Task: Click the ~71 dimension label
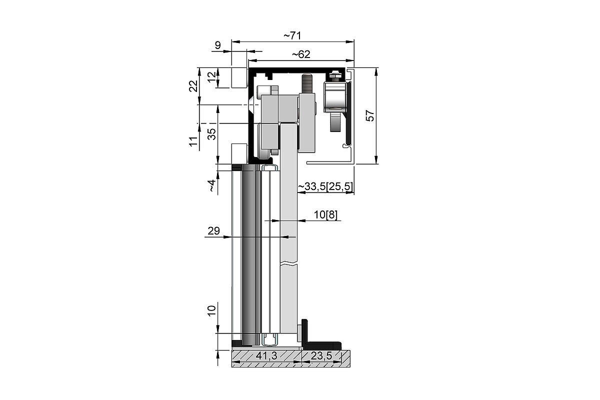point(292,35)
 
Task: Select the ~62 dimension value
point(301,54)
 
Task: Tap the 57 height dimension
point(370,115)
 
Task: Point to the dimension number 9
point(218,45)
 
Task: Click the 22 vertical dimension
point(193,86)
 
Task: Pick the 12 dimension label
point(211,77)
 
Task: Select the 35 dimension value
point(211,134)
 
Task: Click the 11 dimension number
point(193,141)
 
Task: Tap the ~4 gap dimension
point(211,185)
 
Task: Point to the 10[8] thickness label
point(325,214)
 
